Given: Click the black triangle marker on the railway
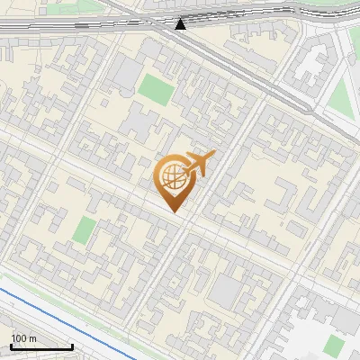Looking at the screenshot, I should point(181,24).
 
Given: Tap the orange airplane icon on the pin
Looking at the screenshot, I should point(197,165).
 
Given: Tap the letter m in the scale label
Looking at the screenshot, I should point(32,338).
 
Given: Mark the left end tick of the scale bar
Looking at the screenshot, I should point(11,346).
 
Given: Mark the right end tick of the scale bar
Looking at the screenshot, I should point(73,346).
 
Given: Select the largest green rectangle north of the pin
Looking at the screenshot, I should point(154,88).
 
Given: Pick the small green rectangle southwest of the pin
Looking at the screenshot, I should point(85,230).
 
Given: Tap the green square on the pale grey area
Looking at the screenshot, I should point(334,346).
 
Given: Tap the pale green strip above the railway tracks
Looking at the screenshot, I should point(54,7).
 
